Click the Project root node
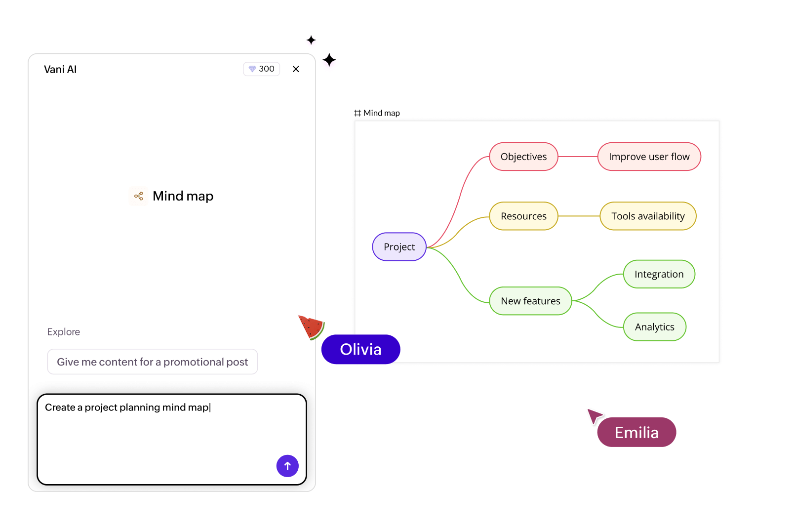pyautogui.click(x=399, y=247)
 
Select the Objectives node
pyautogui.click(x=523, y=157)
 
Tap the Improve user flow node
pyautogui.click(x=649, y=157)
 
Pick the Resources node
pyautogui.click(x=523, y=216)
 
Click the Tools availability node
pyautogui.click(x=648, y=216)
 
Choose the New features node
pyautogui.click(x=530, y=301)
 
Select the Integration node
pyautogui.click(x=659, y=274)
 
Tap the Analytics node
pyautogui.click(x=654, y=327)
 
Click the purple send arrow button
pyautogui.click(x=287, y=466)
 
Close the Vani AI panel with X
pyautogui.click(x=296, y=69)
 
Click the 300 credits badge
pyautogui.click(x=262, y=69)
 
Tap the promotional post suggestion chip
pyautogui.click(x=152, y=362)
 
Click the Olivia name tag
pyautogui.click(x=360, y=350)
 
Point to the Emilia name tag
pyautogui.click(x=636, y=433)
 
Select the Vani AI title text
pyautogui.click(x=60, y=70)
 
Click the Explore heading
pyautogui.click(x=64, y=332)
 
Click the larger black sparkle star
pyautogui.click(x=329, y=60)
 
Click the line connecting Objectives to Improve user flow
pyautogui.click(x=578, y=157)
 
